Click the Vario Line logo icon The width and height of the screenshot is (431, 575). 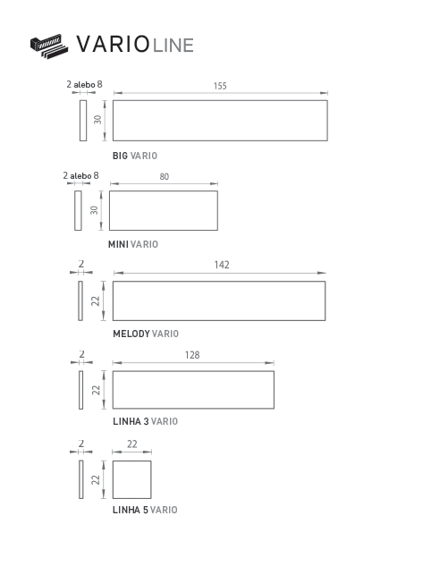[49, 47]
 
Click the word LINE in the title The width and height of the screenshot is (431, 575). [173, 46]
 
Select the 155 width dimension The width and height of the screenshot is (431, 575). [220, 86]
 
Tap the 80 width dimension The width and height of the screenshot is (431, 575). [164, 177]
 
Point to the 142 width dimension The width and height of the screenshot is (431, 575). [222, 265]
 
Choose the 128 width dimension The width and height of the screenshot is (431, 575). [192, 355]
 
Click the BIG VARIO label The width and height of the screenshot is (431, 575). [135, 156]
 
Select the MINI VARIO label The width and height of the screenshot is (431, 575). [132, 244]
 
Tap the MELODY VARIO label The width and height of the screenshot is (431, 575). [146, 334]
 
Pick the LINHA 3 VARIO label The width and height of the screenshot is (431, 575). [145, 421]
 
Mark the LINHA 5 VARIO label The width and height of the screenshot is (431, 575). [145, 510]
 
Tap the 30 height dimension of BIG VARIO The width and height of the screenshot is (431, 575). [97, 120]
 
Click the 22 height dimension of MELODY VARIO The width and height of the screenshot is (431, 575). [96, 301]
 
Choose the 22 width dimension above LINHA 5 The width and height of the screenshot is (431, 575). [132, 444]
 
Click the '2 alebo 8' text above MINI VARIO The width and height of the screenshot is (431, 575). [80, 175]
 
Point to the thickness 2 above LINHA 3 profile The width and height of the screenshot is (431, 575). [81, 354]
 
